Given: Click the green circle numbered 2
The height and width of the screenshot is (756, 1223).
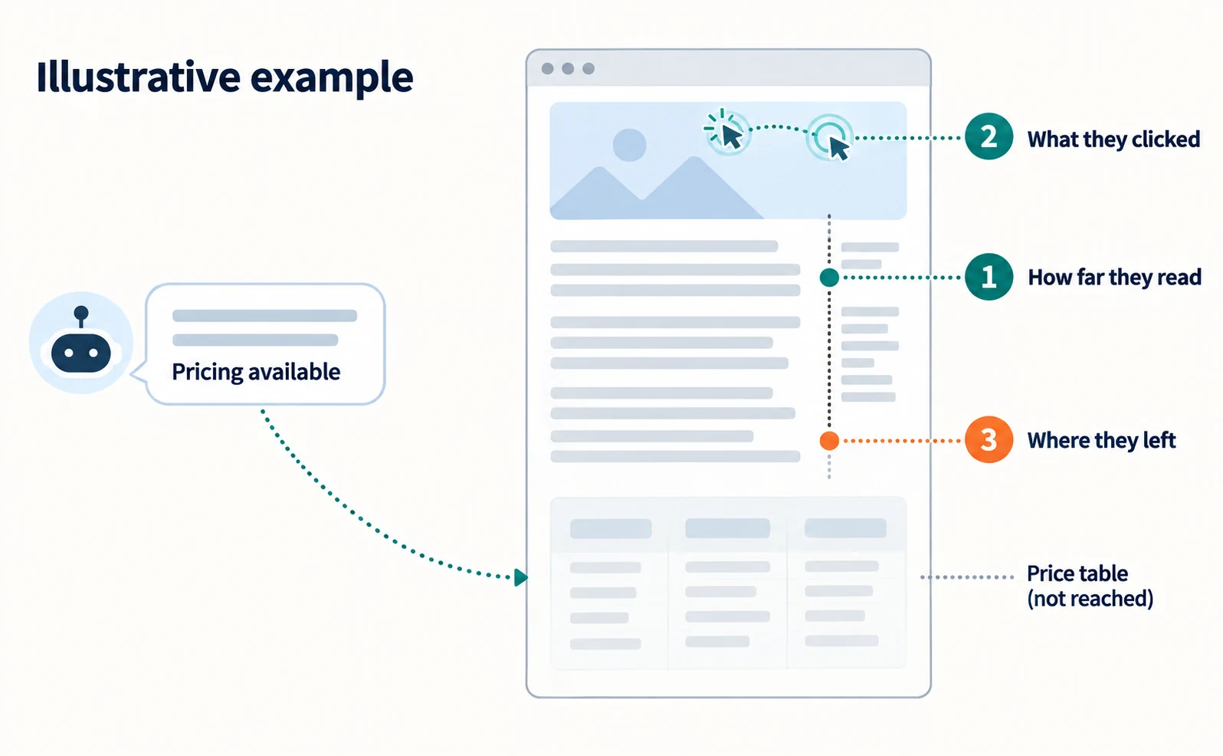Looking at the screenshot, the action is click(989, 136).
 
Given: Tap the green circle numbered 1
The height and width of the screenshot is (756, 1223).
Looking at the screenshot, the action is click(989, 277).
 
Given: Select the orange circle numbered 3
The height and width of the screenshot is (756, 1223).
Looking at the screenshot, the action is click(989, 440).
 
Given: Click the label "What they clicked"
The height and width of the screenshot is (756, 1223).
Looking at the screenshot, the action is click(1113, 140).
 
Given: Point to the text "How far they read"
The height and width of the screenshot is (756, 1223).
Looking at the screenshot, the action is click(1114, 278).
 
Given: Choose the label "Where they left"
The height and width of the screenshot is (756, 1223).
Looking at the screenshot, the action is click(1101, 440).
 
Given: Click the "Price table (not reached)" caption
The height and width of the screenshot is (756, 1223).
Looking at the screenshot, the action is click(1090, 586).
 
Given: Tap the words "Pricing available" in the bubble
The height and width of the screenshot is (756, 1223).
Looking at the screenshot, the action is click(256, 372).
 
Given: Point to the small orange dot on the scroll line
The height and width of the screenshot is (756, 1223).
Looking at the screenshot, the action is click(829, 440).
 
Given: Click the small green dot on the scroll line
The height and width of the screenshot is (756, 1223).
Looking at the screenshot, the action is click(829, 278).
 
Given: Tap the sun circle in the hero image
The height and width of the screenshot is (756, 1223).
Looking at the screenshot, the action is click(630, 146).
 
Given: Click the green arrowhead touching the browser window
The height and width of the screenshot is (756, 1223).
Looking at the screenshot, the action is click(520, 577).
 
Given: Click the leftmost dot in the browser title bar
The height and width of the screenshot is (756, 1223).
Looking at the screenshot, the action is click(547, 68).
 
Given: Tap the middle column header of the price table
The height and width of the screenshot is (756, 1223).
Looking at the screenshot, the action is click(727, 528).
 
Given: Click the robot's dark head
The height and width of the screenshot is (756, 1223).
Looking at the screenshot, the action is click(80, 353).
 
